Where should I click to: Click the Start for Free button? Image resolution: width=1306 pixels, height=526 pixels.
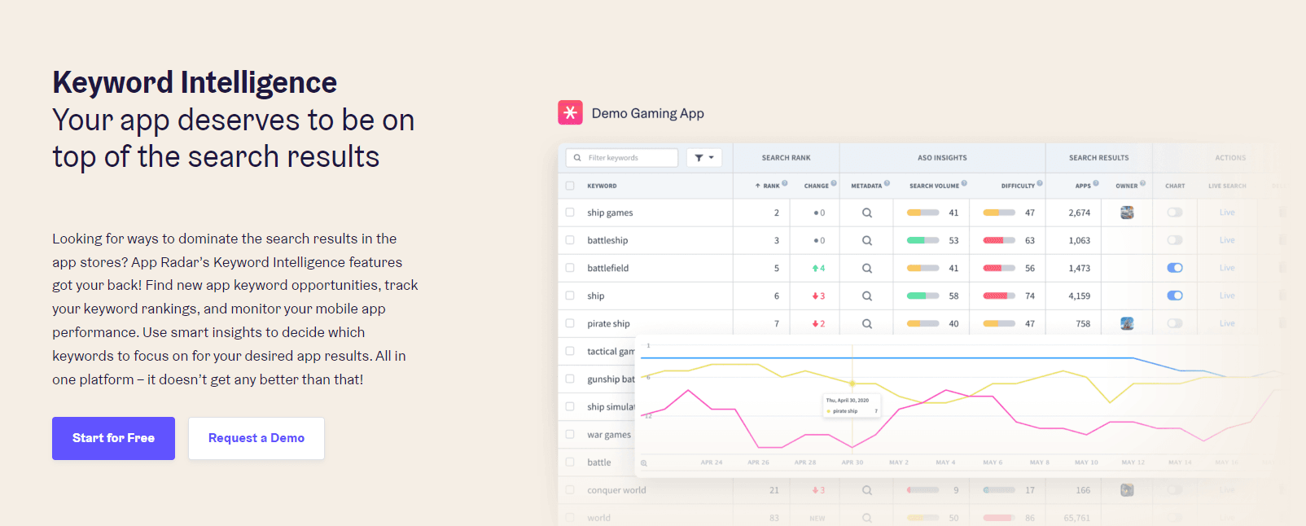[113, 438]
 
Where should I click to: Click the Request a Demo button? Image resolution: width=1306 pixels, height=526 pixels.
[256, 438]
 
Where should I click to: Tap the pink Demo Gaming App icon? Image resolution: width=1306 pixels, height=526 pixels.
[570, 112]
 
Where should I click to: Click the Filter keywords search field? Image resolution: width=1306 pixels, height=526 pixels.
[625, 158]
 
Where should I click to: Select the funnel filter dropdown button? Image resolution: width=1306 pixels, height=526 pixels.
[704, 158]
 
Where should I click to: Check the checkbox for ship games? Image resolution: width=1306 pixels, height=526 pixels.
[570, 213]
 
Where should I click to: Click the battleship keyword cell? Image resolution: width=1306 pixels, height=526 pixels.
[607, 240]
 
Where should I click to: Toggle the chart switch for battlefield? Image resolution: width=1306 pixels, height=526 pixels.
[1174, 268]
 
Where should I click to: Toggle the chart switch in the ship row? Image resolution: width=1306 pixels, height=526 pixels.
[1174, 296]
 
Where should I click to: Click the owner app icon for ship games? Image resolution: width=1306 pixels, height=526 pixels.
[1127, 213]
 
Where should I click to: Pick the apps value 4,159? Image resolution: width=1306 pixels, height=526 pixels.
[1079, 296]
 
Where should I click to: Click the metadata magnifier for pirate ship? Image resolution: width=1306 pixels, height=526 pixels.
[867, 323]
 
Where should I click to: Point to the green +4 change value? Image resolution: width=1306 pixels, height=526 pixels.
[819, 268]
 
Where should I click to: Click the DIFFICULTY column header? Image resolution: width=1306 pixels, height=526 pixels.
[1018, 186]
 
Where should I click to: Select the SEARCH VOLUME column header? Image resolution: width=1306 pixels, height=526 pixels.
[934, 186]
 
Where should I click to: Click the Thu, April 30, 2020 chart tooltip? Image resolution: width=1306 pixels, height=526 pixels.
[852, 405]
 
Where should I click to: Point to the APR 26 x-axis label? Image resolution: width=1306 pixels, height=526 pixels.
[758, 462]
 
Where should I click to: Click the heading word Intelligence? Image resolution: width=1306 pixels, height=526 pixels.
[258, 83]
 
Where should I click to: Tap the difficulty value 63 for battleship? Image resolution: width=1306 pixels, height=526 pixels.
[1030, 240]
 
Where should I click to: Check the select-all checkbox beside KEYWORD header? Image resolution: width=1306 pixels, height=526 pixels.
[570, 186]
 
